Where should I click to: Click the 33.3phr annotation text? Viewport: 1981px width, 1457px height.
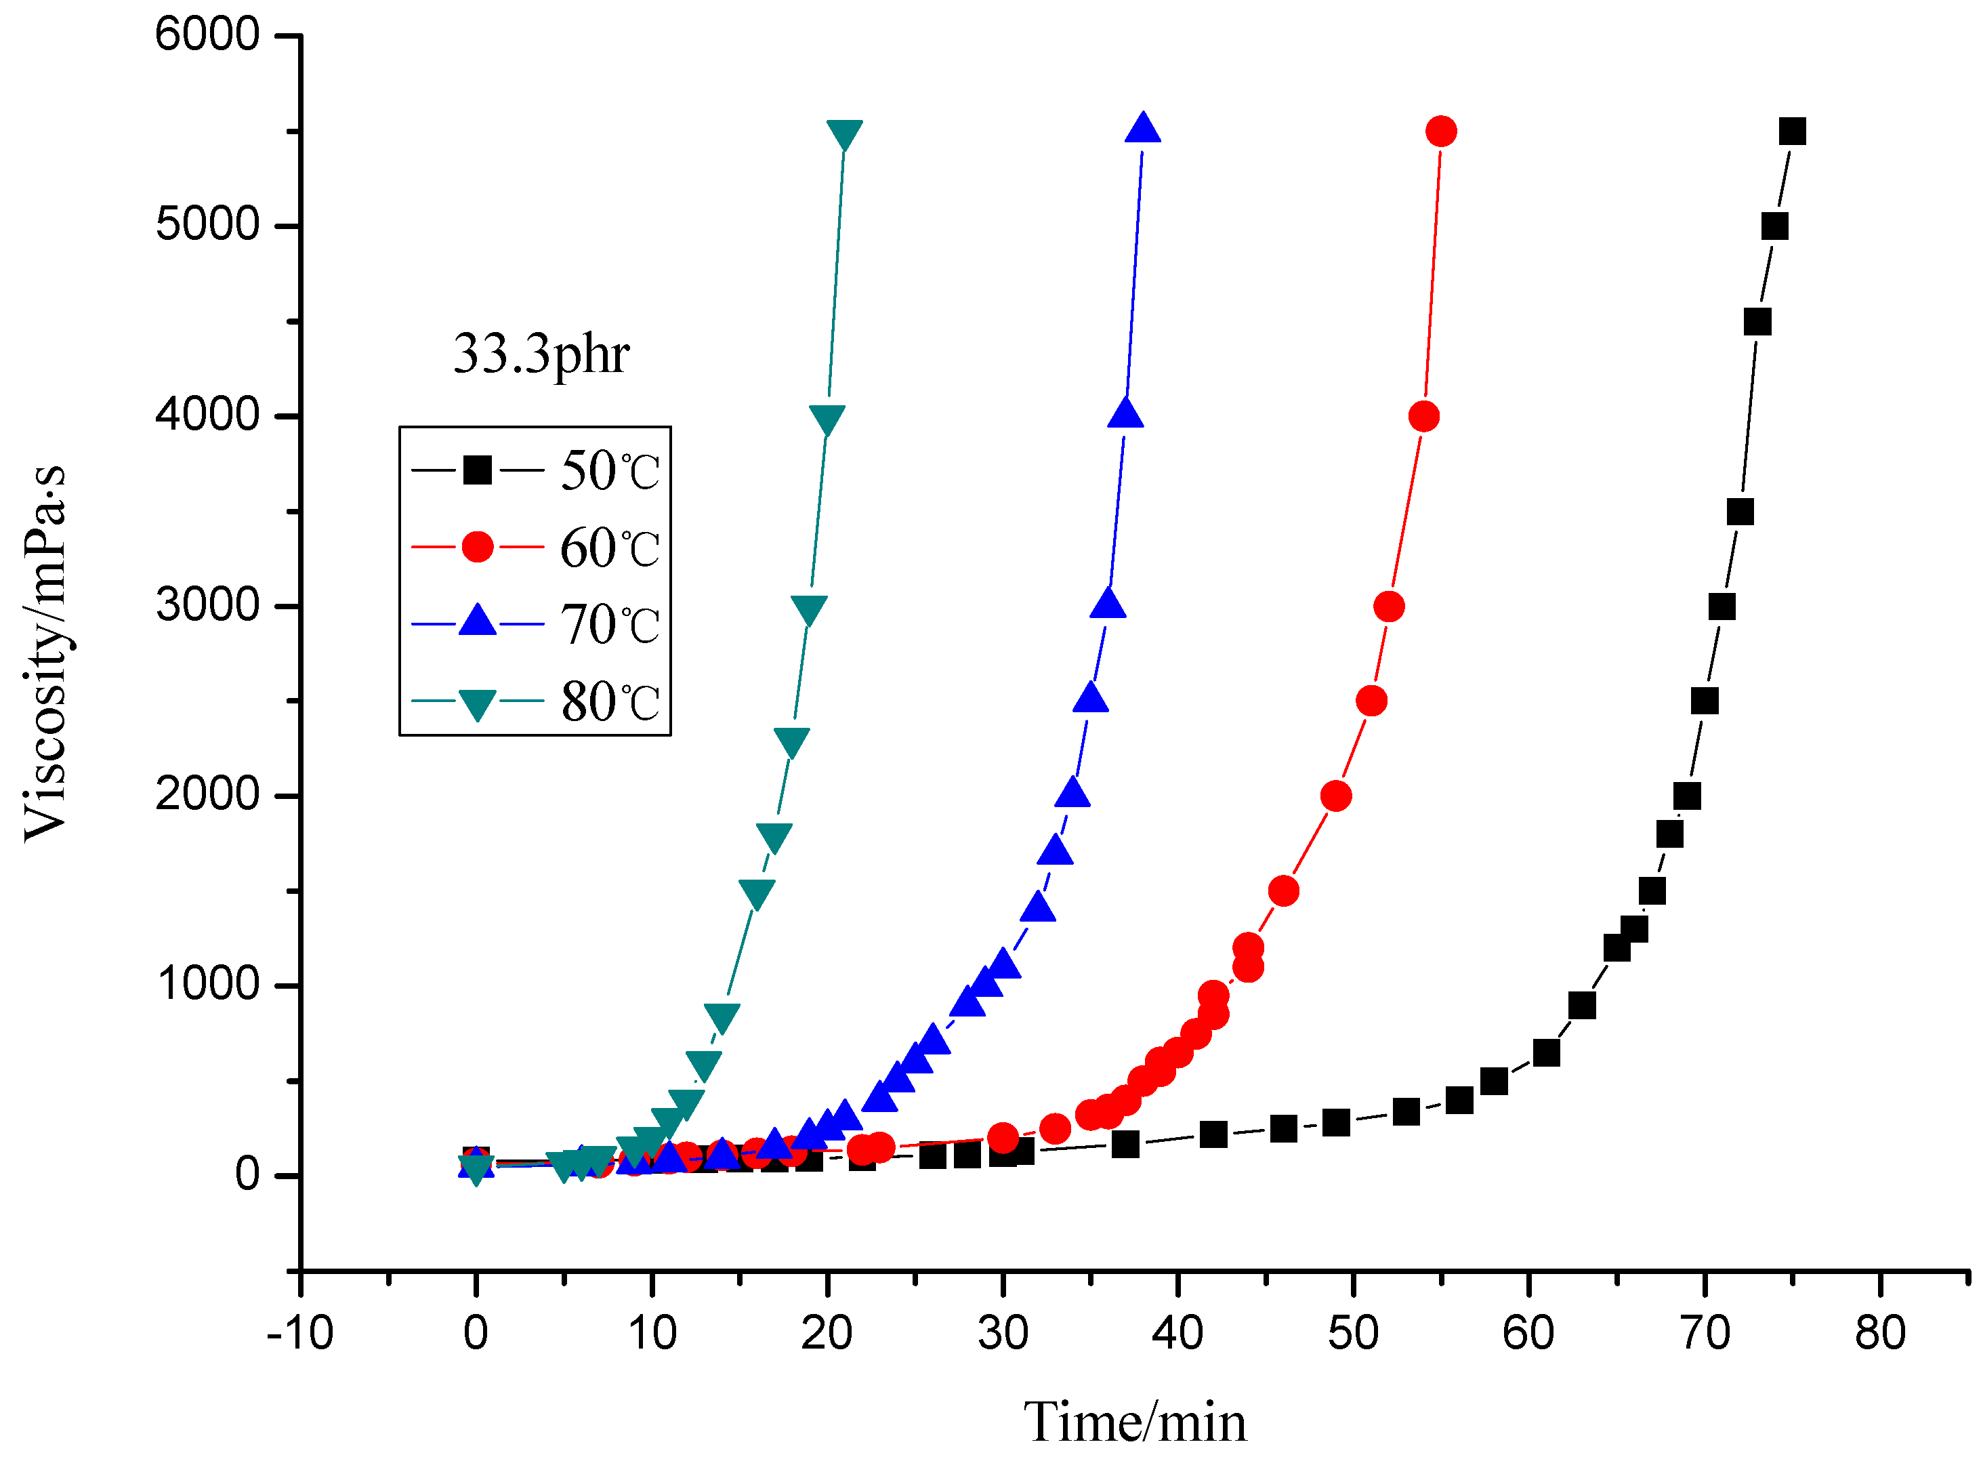tap(541, 354)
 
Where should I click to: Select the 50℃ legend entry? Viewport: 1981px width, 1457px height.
tap(535, 470)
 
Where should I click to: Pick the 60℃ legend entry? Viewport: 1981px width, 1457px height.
tap(535, 548)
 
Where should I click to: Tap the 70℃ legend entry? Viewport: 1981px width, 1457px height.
tap(535, 624)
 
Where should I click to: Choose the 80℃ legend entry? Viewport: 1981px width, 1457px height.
tap(535, 702)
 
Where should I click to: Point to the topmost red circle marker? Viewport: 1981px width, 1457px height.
tap(1440, 131)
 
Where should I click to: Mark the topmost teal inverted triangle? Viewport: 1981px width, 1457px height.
tap(843, 134)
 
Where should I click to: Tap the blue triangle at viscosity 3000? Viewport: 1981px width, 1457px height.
tap(1108, 604)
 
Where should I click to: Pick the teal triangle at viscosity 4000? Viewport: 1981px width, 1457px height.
tap(826, 419)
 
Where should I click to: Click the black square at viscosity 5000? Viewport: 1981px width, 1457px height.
tap(1774, 226)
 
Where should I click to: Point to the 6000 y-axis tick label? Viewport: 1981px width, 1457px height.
tap(207, 35)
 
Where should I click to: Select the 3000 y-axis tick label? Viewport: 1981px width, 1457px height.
tap(207, 606)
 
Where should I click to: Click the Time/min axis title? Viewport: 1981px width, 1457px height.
tap(1135, 1422)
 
